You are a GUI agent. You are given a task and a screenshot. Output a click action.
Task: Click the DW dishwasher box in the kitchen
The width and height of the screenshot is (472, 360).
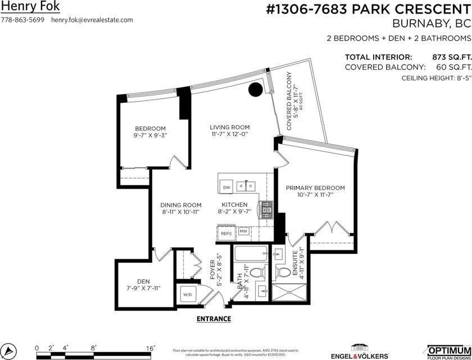(x=226, y=187)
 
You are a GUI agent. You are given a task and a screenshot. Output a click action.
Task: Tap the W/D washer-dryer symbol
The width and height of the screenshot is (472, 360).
(x=187, y=293)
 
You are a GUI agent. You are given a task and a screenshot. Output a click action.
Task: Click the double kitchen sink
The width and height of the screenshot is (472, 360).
(x=246, y=185)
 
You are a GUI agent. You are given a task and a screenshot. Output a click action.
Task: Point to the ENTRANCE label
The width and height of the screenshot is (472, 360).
(x=214, y=318)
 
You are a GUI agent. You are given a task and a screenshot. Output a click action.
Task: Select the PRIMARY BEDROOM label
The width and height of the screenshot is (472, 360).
(x=315, y=188)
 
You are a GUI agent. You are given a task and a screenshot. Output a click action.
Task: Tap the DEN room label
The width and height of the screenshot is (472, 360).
(x=143, y=281)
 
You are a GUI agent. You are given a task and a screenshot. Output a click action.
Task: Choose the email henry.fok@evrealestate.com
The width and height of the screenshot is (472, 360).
(x=92, y=20)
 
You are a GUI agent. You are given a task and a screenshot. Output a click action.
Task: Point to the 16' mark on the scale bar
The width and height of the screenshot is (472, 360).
(x=151, y=348)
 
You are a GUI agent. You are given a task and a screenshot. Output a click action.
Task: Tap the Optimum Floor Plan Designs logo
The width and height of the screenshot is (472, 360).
(x=448, y=351)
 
